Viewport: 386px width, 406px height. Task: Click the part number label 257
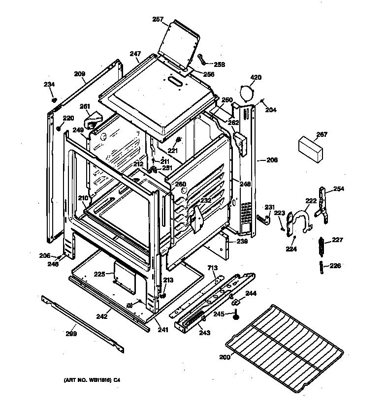tap(158, 20)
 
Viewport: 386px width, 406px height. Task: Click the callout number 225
tap(100, 274)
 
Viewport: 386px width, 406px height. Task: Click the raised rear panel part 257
tap(179, 44)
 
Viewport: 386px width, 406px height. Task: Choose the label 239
tap(242, 242)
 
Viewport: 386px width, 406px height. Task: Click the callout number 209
tap(80, 74)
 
